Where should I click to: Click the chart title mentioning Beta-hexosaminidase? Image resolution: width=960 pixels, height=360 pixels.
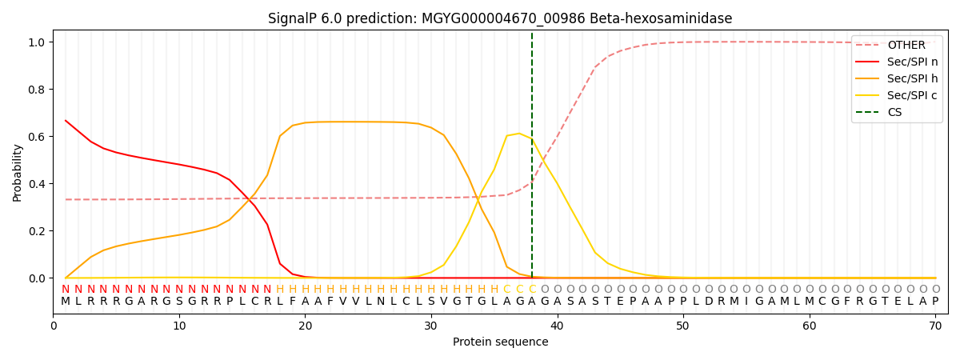500,18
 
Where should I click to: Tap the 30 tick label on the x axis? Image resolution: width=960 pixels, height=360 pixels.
431,326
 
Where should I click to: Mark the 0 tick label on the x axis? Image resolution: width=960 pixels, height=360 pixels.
54,326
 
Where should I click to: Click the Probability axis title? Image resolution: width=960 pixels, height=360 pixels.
18,172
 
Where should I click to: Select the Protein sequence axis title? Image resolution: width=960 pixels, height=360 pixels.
500,342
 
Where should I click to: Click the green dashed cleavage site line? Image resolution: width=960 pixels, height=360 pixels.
532,160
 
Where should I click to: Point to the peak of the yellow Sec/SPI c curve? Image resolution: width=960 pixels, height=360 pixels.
519,134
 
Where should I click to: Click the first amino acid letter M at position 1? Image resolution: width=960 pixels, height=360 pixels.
66,302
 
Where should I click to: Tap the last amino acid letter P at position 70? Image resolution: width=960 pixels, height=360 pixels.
935,302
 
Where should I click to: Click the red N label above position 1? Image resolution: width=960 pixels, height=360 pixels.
66,290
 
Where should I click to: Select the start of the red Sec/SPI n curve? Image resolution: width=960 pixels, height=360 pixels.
66,121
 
